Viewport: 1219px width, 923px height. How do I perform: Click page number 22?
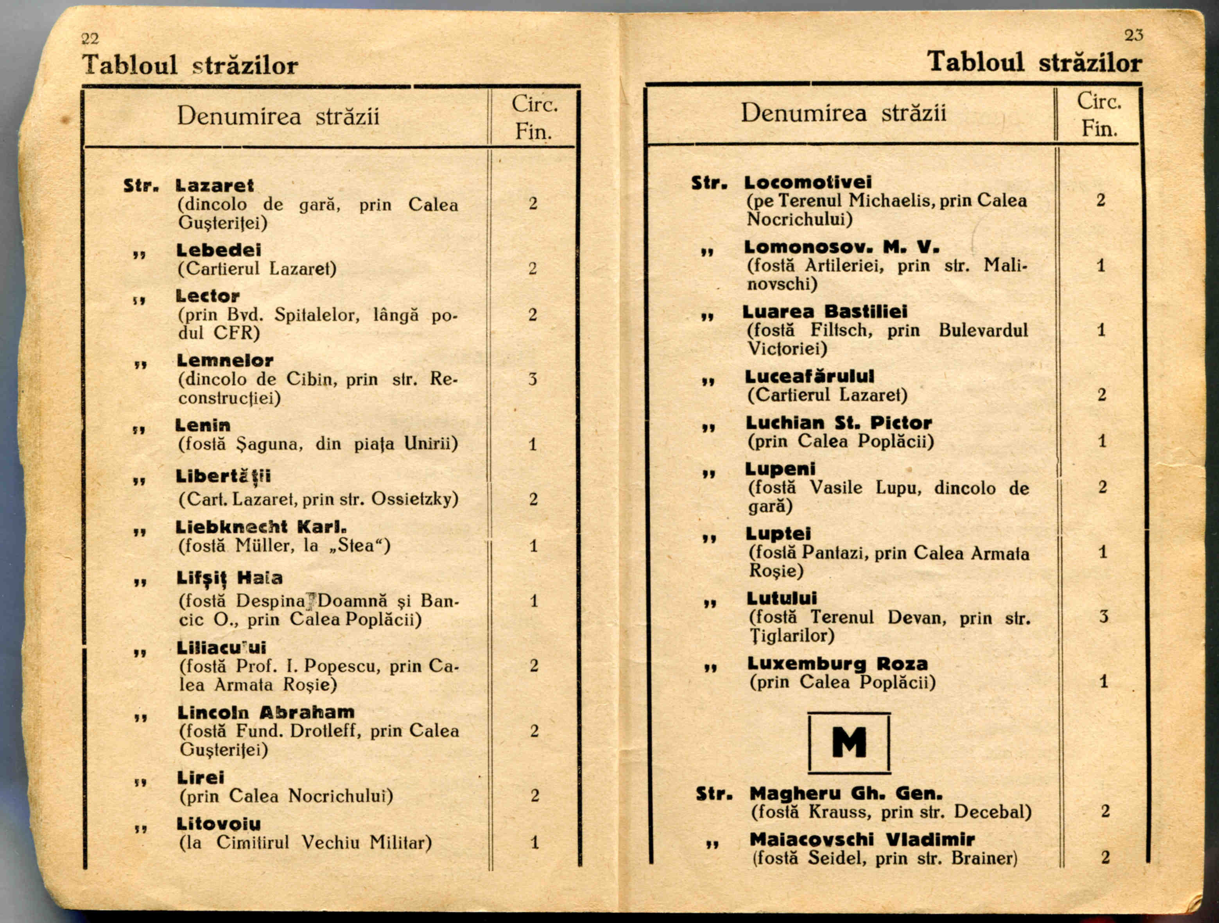[89, 39]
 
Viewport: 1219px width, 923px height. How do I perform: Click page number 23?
[1134, 35]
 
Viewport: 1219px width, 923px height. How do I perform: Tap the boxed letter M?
[849, 742]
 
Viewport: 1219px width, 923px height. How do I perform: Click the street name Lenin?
[203, 425]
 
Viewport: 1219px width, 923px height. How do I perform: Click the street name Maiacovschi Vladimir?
[862, 839]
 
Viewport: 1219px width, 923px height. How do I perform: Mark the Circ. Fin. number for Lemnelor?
[532, 379]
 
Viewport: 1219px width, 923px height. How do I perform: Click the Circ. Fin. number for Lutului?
[1103, 616]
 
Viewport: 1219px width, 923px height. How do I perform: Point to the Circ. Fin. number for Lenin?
[532, 444]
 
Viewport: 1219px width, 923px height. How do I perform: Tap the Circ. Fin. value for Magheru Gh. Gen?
[1105, 811]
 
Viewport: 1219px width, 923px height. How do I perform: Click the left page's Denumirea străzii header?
[278, 116]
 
